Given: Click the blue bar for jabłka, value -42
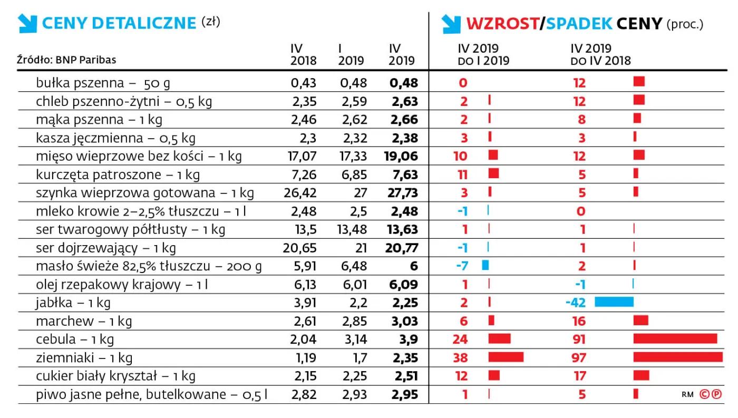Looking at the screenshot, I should [x=614, y=302].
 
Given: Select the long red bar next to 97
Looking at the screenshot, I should [x=677, y=357].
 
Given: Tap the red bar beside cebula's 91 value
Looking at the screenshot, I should [x=675, y=339].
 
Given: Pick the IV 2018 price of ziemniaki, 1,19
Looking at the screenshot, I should [x=304, y=358].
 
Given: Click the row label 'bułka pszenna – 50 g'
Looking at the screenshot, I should [x=103, y=83].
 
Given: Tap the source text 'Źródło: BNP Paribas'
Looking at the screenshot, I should [x=66, y=60].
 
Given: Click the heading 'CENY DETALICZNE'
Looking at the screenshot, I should [x=119, y=23].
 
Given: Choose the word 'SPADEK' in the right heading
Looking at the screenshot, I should [x=579, y=23].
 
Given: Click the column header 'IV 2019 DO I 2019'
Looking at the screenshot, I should [x=483, y=55].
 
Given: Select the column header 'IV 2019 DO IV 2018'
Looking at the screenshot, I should [x=600, y=55].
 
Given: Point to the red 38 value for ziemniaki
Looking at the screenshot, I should [x=460, y=358].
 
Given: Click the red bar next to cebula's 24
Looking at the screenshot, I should [x=499, y=339].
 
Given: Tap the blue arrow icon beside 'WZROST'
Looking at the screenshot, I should [x=451, y=23].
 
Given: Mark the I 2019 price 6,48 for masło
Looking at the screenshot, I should [x=352, y=266].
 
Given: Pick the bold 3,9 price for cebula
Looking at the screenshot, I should [x=407, y=339].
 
